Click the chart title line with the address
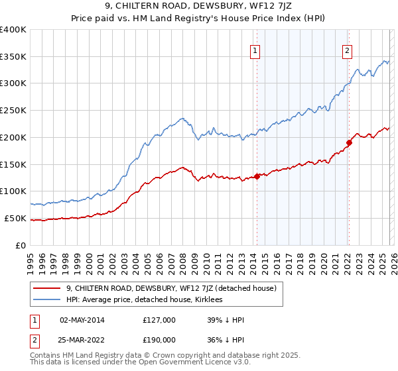tap(198, 7)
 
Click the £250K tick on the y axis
tap(13, 110)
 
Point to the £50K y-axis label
tap(15, 218)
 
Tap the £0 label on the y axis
tap(21, 245)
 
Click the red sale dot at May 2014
tap(257, 176)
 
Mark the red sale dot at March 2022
tap(349, 142)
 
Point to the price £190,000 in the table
tap(159, 339)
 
